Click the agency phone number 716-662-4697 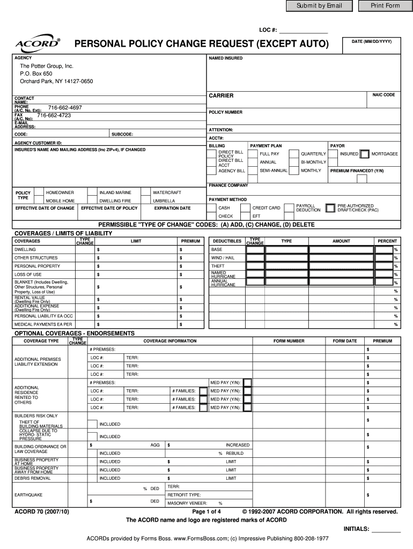click(x=65, y=108)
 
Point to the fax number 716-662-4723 click(x=54, y=115)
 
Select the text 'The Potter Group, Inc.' click(x=46, y=66)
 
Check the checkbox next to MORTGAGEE click(x=365, y=154)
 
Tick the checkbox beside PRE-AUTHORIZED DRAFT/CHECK click(x=330, y=207)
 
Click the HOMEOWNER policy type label click(x=60, y=192)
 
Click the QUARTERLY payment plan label click(x=313, y=154)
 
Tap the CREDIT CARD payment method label click(x=266, y=207)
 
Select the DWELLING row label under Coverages click(x=25, y=249)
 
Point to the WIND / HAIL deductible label click(x=223, y=258)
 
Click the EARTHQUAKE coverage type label click(x=28, y=494)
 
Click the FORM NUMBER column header click(x=289, y=341)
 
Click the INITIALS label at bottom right click(x=356, y=529)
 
